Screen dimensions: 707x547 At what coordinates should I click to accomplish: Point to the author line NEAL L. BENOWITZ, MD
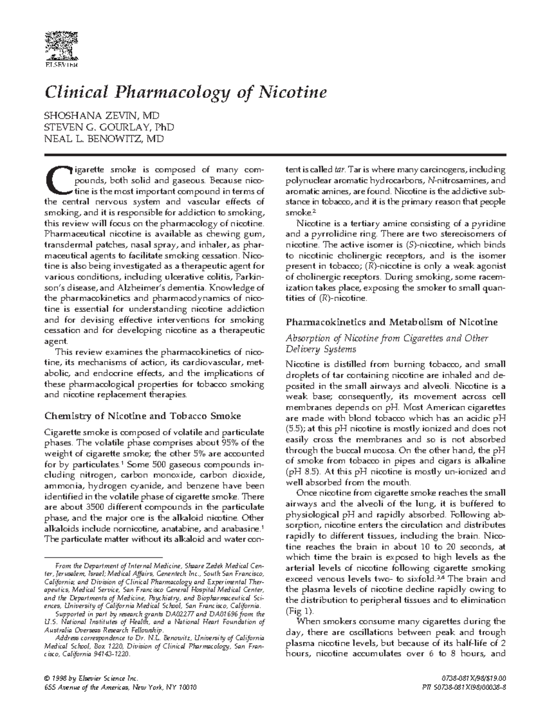103,138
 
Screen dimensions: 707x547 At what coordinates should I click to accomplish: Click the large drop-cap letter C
57,181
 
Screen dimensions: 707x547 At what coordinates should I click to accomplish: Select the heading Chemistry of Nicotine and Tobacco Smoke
142,416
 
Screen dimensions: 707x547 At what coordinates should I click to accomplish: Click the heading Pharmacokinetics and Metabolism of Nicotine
391,322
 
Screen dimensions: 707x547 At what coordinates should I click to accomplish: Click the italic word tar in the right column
339,170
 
